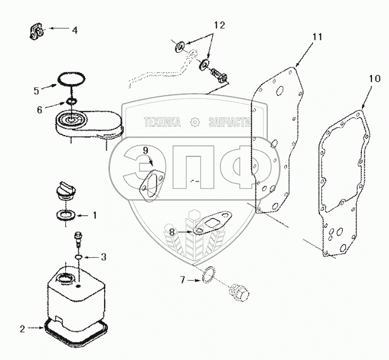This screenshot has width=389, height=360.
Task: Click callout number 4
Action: [74, 30]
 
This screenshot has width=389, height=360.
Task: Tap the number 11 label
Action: [317, 37]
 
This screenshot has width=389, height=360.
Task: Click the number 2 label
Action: [22, 329]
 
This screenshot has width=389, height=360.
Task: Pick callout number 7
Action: [182, 279]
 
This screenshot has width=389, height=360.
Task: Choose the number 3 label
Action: [103, 257]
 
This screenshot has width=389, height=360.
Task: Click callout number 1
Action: [95, 215]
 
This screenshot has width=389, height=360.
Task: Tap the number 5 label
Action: [36, 90]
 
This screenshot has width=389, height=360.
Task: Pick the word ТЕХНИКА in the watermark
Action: [162, 123]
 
